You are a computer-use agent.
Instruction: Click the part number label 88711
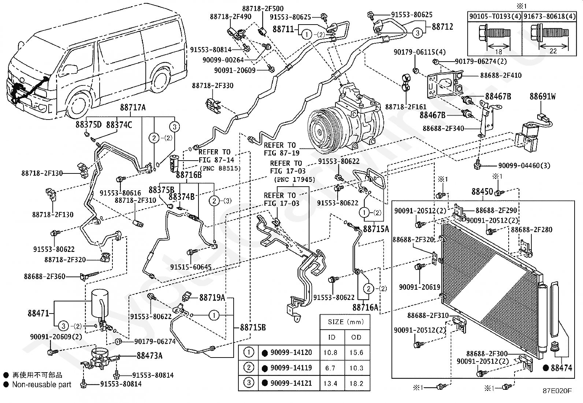click(283, 29)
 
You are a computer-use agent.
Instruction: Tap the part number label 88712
click(442, 27)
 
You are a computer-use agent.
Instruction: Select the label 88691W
click(543, 96)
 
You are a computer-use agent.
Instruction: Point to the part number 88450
click(482, 191)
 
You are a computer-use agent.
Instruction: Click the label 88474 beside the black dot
click(561, 368)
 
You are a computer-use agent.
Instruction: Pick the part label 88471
click(38, 313)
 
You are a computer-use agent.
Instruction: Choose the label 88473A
click(150, 356)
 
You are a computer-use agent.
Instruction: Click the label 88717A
click(133, 107)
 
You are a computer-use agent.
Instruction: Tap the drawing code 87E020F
click(557, 391)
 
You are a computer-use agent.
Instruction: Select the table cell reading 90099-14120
click(291, 352)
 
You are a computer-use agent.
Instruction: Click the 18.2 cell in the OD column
click(356, 384)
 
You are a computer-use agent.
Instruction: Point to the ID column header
click(331, 337)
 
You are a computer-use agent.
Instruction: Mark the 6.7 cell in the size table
click(330, 368)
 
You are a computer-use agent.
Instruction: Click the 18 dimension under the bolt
click(498, 52)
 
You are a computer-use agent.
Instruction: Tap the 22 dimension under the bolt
click(553, 51)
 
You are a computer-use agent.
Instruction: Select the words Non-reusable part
click(42, 385)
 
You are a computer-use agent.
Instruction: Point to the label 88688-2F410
click(501, 75)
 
